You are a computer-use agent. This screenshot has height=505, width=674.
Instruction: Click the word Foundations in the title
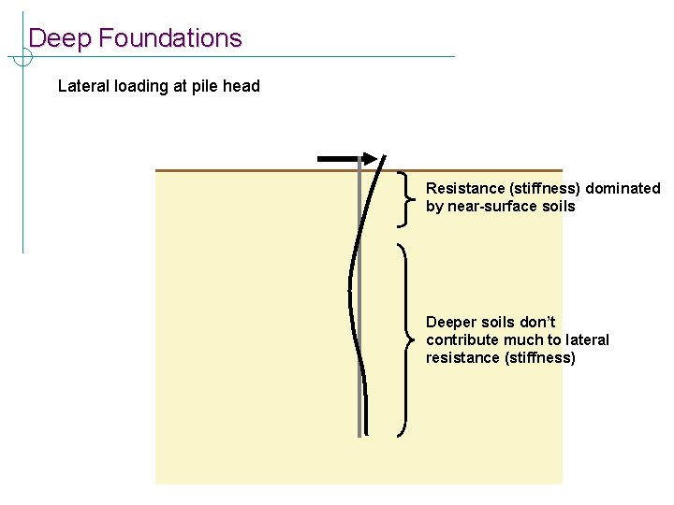pos(169,38)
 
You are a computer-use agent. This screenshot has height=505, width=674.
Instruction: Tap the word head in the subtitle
pos(242,86)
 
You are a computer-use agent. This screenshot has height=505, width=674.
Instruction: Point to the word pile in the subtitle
pos(205,86)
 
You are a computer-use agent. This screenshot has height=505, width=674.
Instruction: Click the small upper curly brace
pos(404,198)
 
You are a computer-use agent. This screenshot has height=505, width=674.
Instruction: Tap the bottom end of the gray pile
pos(359,434)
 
